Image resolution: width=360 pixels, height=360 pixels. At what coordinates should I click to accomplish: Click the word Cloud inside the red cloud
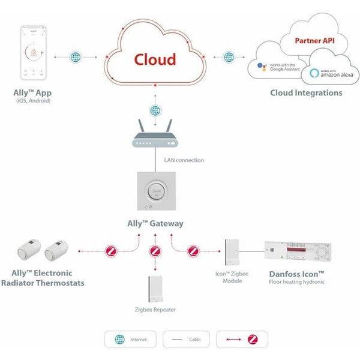(155, 59)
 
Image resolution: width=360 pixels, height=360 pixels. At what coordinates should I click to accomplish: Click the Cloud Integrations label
(306, 93)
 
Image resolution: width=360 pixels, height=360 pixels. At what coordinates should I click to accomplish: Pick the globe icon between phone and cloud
(75, 57)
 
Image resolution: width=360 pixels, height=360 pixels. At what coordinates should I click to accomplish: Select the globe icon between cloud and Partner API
(229, 57)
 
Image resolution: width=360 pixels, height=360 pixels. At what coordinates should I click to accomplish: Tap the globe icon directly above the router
(155, 110)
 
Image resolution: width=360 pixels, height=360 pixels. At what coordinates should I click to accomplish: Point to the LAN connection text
(184, 160)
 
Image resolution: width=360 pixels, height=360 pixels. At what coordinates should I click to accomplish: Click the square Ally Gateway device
(155, 190)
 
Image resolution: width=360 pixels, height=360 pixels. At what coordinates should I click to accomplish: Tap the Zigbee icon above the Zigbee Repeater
(155, 251)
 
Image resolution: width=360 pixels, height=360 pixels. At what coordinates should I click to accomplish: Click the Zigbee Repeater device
(155, 289)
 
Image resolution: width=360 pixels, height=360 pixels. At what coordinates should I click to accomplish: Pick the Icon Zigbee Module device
(233, 253)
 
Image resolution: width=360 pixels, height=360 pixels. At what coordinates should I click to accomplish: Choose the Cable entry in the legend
(185, 340)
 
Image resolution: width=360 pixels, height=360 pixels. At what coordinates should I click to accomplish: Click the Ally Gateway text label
(155, 224)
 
